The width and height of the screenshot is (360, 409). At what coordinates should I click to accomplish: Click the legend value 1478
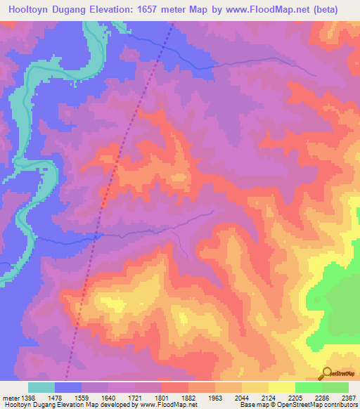click(55, 397)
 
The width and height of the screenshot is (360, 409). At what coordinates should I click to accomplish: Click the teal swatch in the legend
click(41, 387)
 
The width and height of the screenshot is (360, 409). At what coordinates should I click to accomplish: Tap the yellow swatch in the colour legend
click(281, 387)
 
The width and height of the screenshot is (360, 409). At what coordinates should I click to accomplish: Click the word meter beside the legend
click(8, 397)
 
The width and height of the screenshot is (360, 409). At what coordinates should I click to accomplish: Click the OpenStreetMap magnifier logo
click(327, 373)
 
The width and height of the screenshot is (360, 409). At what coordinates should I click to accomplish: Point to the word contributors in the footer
click(340, 405)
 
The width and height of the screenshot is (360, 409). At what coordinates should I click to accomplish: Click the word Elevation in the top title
click(117, 10)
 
